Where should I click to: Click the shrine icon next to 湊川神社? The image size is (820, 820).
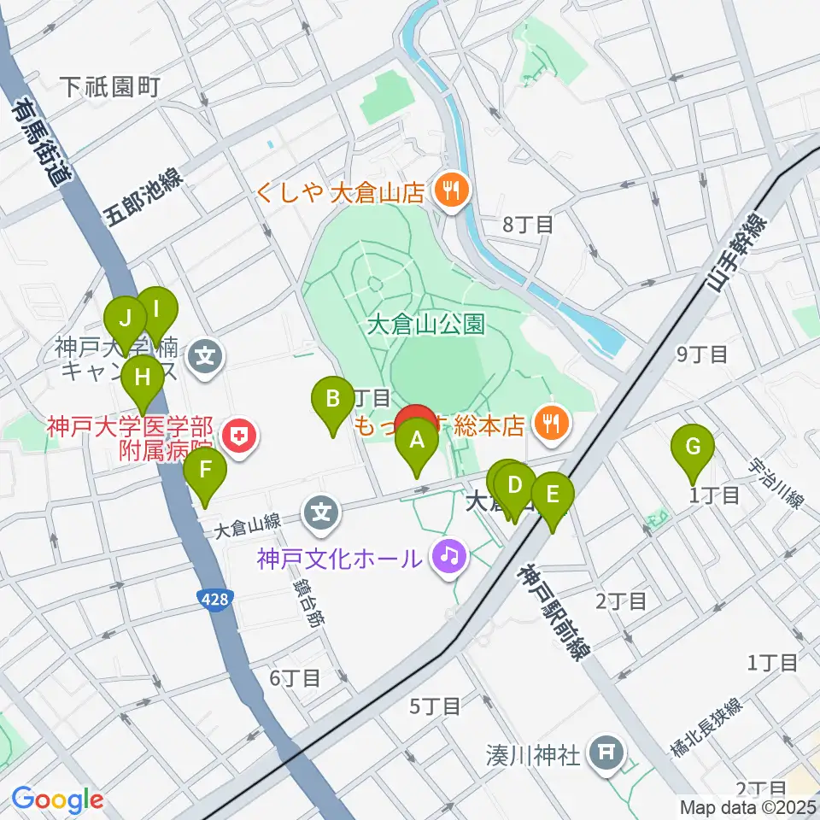coord(606,753)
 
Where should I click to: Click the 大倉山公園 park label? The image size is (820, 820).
coord(426,325)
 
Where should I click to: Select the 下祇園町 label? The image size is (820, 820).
coord(111,86)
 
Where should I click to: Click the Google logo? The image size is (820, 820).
coord(58,799)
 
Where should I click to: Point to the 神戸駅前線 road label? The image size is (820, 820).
coord(553,610)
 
